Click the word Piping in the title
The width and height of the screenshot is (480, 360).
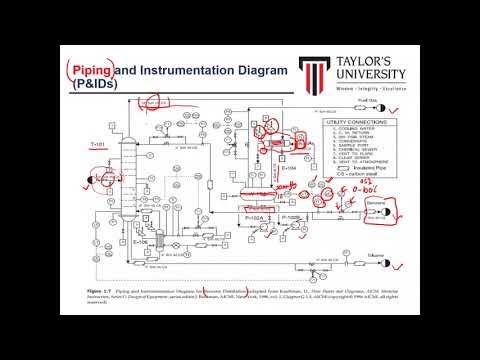(90, 70)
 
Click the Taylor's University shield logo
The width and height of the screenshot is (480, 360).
(320, 71)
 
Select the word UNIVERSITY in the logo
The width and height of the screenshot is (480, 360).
(371, 76)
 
